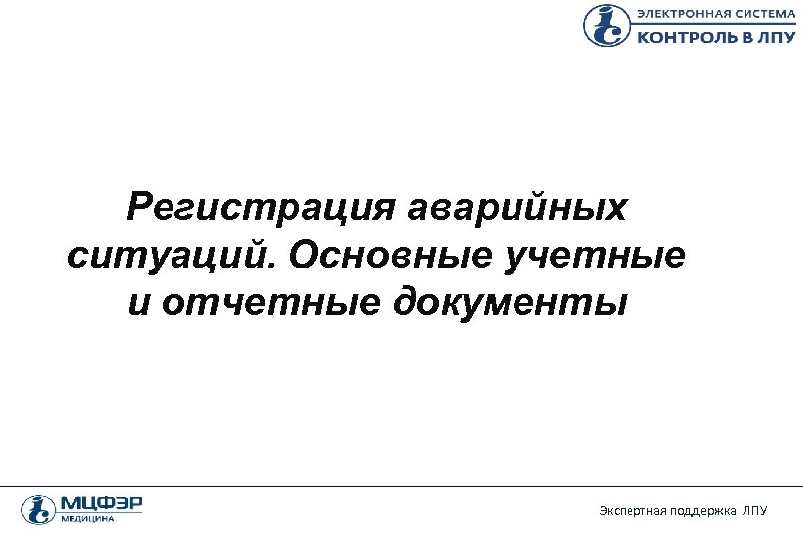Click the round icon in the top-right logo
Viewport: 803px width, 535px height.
coord(606,26)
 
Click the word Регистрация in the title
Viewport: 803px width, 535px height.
coord(261,209)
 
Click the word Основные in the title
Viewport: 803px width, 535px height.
coord(393,256)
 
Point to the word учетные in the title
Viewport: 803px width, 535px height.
coord(595,256)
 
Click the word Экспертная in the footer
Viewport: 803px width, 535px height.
coord(631,510)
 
